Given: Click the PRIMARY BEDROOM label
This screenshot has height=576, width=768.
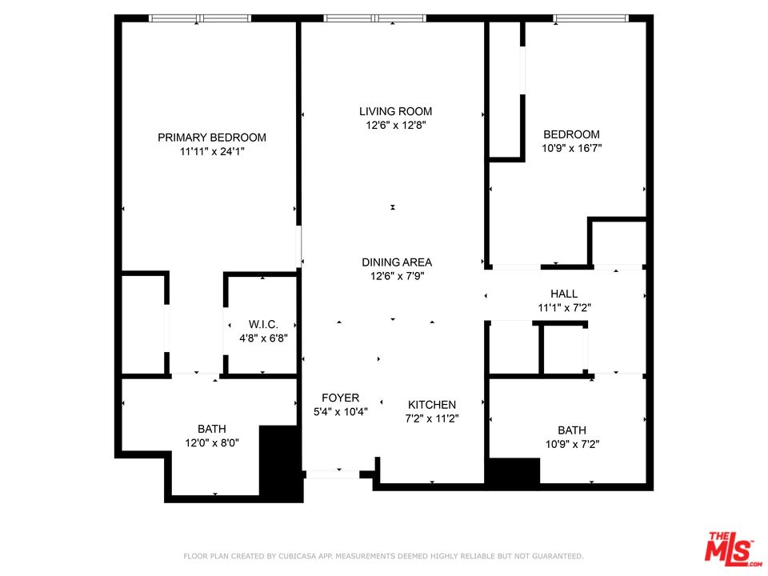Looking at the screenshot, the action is tap(211, 138).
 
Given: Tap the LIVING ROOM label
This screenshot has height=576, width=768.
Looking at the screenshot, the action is tap(396, 112).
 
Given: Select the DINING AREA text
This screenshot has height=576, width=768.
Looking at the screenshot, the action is tap(397, 262).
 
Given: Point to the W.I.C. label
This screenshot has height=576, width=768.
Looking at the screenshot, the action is tap(263, 324).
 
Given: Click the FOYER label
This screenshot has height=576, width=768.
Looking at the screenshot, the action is tap(341, 398).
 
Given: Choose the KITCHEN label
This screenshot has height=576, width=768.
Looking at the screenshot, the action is tap(432, 405).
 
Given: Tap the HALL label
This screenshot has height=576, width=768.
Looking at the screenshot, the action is tap(564, 294).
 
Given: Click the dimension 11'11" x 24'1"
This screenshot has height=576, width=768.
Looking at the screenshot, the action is tap(212, 152).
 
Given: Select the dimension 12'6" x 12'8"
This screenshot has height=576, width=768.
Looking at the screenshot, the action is tap(396, 126).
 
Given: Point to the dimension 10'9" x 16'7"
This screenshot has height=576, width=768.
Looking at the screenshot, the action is tap(571, 148).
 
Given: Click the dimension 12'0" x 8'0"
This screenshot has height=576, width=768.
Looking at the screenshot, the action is tap(212, 443).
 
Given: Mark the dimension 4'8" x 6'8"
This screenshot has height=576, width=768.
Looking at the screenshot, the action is tap(263, 338).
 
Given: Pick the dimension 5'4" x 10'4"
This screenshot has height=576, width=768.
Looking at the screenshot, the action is tap(341, 412).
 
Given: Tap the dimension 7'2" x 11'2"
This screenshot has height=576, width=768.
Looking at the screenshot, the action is tap(432, 418).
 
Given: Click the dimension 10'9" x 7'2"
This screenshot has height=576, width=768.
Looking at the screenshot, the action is tap(573, 444).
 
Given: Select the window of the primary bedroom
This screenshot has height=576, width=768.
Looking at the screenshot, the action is tap(200, 18).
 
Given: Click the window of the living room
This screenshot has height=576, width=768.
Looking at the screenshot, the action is tap(374, 18).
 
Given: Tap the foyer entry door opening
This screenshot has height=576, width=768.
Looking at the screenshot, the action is tap(333, 474).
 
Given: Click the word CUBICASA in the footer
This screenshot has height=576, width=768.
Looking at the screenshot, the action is tap(298, 557).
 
